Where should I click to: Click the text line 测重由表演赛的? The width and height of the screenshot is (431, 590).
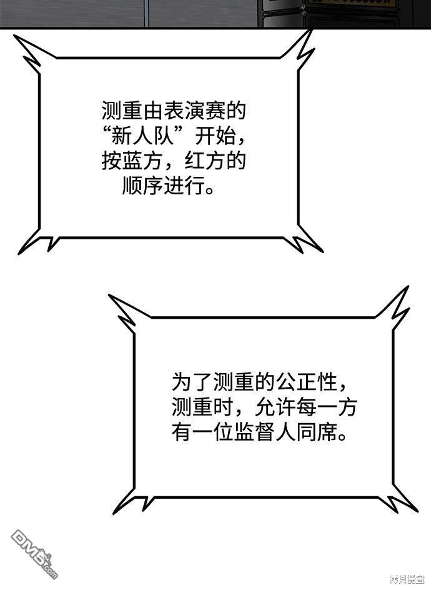[x=174, y=110]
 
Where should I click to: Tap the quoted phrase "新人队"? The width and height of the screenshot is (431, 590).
[x=142, y=136]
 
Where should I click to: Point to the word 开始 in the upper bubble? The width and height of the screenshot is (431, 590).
[x=214, y=136]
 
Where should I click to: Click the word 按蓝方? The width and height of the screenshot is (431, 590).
[x=132, y=161]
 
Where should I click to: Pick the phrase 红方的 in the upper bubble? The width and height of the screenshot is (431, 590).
[x=215, y=161]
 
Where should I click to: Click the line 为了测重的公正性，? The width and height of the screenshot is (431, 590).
[x=259, y=382]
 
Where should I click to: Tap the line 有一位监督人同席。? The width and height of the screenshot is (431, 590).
[x=259, y=432]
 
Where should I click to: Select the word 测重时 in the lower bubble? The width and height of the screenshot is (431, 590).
[x=202, y=407]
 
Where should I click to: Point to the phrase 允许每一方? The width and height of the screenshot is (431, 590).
[x=305, y=407]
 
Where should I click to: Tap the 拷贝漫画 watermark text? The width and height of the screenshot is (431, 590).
[x=407, y=580]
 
